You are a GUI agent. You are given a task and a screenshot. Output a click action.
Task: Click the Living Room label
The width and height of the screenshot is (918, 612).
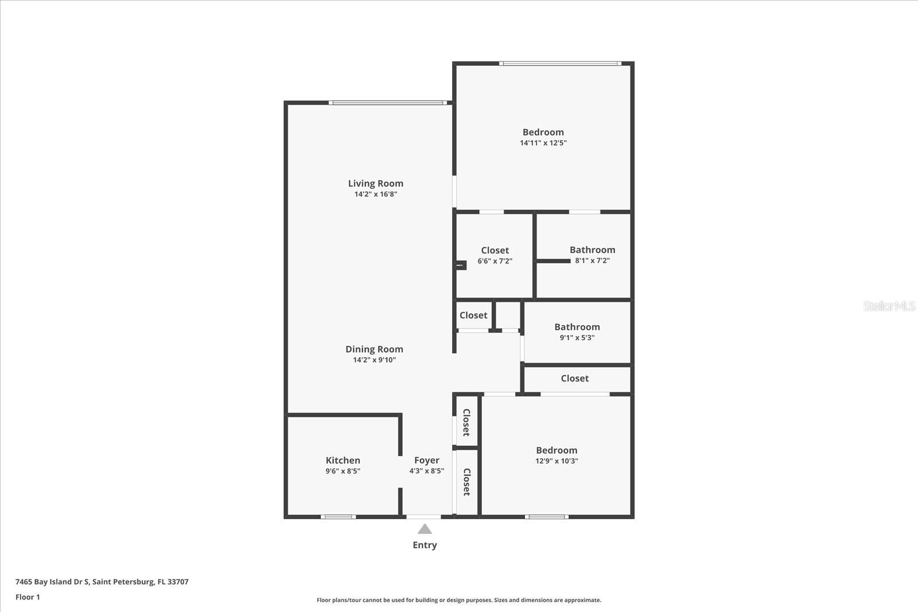pos(375,184)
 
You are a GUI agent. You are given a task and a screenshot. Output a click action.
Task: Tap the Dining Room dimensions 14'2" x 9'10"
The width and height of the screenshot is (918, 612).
pos(374,360)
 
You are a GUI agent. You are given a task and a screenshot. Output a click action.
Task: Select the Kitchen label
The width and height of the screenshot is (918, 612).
pos(343,460)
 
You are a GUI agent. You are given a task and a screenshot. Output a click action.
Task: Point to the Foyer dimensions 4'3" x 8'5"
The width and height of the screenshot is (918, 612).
pos(426,471)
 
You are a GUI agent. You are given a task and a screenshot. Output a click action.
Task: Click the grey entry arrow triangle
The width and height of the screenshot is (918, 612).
pos(425,529)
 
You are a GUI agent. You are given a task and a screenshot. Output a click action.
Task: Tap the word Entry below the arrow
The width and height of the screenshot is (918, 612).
pos(425,545)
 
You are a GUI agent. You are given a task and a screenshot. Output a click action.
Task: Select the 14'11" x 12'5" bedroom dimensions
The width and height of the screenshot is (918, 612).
pos(543,143)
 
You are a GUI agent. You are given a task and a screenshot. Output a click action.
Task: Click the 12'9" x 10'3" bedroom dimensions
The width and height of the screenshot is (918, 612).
pos(557,461)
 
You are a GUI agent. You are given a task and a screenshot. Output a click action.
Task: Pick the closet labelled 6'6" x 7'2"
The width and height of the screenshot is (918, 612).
pos(495,251)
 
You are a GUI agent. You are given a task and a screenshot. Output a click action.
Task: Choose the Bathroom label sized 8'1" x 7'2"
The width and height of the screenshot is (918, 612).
pos(592,250)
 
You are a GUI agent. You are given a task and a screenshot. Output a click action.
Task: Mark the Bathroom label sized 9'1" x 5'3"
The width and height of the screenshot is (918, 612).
pos(577,327)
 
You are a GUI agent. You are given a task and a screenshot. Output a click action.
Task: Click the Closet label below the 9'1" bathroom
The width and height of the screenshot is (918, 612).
pos(574,379)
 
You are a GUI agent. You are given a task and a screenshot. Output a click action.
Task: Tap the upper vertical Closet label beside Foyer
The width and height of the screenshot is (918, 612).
pos(466,422)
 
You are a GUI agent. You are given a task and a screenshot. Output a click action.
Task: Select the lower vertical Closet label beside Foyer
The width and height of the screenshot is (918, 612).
pos(466,482)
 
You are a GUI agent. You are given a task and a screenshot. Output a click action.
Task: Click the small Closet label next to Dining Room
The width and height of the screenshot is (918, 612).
pos(473,315)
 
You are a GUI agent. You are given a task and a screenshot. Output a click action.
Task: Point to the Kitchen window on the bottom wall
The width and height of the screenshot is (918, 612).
pos(338,517)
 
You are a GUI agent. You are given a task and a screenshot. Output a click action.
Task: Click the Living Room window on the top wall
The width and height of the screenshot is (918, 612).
pos(388,103)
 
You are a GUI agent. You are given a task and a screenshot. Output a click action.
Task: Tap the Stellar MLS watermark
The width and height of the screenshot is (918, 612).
pos(889,306)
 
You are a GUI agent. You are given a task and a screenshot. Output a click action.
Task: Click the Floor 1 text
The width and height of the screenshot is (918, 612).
pos(28,597)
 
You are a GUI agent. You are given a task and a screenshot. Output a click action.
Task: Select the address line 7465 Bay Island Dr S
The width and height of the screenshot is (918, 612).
pos(102,582)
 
